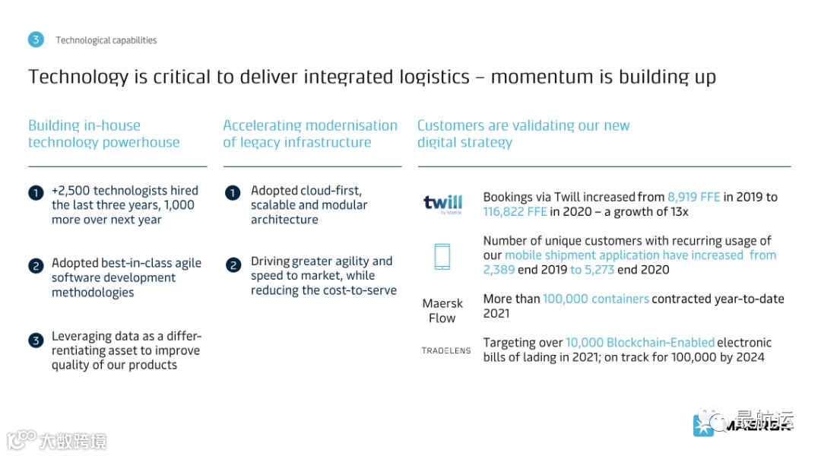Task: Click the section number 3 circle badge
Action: point(36,40)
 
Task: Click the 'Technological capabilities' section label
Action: point(106,40)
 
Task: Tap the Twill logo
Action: point(442,204)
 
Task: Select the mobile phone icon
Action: point(442,256)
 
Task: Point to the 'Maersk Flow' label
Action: point(442,311)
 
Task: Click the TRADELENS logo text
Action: point(446,350)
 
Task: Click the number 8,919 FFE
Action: point(693,197)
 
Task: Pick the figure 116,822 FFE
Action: point(515,211)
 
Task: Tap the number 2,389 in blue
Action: point(499,270)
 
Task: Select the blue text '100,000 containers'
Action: point(595,299)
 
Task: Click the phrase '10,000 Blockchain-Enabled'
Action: point(640,343)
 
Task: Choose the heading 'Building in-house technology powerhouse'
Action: point(104,134)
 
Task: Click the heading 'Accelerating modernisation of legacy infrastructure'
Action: point(310,134)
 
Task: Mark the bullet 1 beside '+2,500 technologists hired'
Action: point(36,193)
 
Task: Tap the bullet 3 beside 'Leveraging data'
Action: point(36,340)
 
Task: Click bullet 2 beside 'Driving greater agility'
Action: point(233,264)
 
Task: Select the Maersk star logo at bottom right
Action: point(704,426)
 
